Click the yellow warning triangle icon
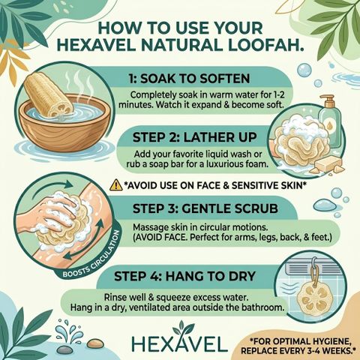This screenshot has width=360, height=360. coord(116,185)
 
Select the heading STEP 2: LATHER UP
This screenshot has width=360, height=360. coord(194,137)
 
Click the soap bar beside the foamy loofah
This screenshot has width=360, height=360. coord(328,163)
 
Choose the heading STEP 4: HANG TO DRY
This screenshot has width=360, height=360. coord(184,276)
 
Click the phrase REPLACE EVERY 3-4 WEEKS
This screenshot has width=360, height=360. coord(299,350)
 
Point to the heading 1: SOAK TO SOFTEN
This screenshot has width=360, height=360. coord(189,79)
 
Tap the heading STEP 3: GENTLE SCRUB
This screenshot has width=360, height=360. coord(205,208)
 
